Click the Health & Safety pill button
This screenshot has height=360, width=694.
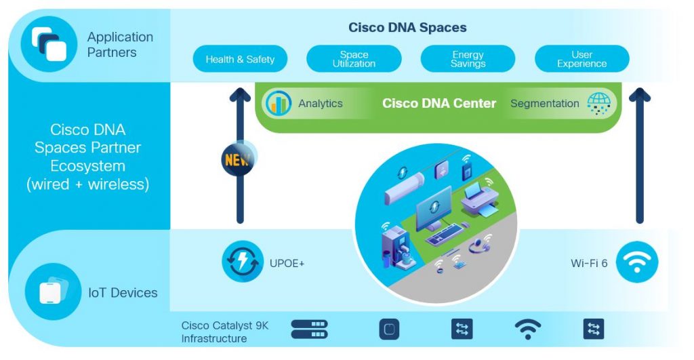click(x=240, y=59)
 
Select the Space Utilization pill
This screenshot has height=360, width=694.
click(x=354, y=59)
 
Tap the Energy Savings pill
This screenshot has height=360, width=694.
click(x=468, y=59)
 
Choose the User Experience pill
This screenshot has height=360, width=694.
click(x=581, y=59)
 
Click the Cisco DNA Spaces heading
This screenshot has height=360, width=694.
click(x=407, y=28)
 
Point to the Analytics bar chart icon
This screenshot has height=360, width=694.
click(x=279, y=104)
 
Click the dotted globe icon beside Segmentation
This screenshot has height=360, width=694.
click(x=598, y=104)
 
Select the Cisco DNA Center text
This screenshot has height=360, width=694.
click(x=439, y=104)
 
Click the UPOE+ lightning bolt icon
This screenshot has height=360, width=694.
click(x=243, y=262)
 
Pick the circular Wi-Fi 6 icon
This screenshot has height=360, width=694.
click(x=636, y=262)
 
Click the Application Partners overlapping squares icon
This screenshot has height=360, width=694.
click(x=49, y=44)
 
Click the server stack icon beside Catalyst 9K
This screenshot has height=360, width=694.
click(x=309, y=329)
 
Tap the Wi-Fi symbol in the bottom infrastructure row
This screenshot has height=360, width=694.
click(x=527, y=329)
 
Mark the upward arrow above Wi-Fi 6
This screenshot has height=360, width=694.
click(x=638, y=156)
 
